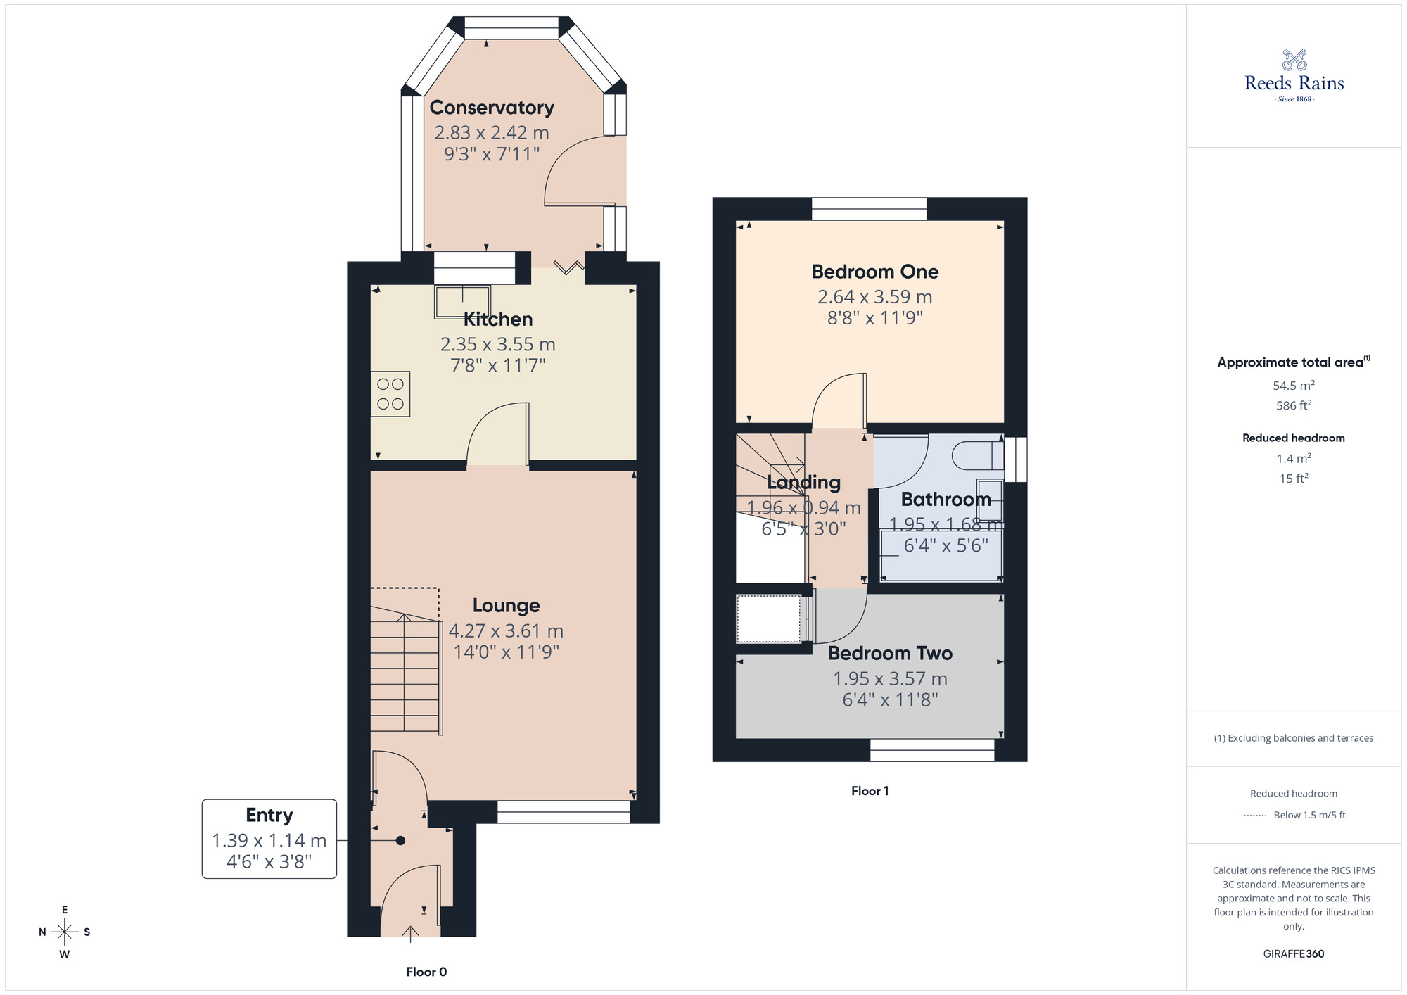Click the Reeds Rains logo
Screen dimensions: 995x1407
pyautogui.click(x=1294, y=75)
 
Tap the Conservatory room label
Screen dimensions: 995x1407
pyautogui.click(x=492, y=108)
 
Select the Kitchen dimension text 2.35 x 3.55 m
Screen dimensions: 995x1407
pyautogui.click(x=497, y=344)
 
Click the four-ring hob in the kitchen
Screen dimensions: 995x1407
pyautogui.click(x=390, y=394)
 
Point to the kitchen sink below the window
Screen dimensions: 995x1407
pyautogui.click(x=461, y=301)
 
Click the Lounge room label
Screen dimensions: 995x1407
pyautogui.click(x=506, y=605)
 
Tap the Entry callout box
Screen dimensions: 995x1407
pyautogui.click(x=269, y=838)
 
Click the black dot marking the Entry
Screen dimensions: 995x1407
pyautogui.click(x=400, y=840)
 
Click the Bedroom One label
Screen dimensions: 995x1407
pyautogui.click(x=874, y=272)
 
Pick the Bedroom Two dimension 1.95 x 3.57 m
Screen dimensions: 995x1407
pyautogui.click(x=890, y=678)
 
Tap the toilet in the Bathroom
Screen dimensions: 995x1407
pyautogui.click(x=978, y=455)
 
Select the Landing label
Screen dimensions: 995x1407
pyautogui.click(x=803, y=482)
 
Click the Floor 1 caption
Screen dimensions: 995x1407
pyautogui.click(x=870, y=791)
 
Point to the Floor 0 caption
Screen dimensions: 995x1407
pyautogui.click(x=426, y=972)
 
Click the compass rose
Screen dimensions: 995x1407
pyautogui.click(x=65, y=932)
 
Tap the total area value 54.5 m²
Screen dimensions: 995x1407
pyautogui.click(x=1293, y=386)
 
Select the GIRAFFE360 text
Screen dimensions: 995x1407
pyautogui.click(x=1293, y=953)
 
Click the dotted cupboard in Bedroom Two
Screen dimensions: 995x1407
pyautogui.click(x=768, y=619)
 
